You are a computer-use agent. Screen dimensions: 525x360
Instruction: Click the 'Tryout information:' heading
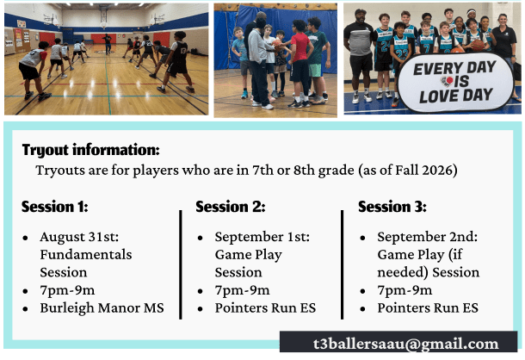coord(90,150)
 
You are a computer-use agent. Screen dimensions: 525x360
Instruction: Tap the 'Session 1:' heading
coord(55,207)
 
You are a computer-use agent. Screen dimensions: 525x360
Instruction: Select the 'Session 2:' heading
coord(231,207)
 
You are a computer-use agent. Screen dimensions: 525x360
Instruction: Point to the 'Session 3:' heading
coord(392,207)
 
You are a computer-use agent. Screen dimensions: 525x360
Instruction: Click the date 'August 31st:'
coord(79,237)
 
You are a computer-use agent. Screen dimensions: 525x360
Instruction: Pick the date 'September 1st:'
coord(262,237)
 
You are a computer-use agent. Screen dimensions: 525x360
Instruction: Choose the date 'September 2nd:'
coord(427,237)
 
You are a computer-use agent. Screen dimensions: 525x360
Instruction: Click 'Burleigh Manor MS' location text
coord(102,307)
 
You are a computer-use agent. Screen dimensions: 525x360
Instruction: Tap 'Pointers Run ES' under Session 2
coord(265,307)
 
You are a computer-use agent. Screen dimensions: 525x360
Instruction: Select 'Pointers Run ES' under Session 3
coord(428,307)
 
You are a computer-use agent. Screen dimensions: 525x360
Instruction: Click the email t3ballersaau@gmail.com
coord(406,344)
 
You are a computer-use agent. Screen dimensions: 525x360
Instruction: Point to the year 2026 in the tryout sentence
coord(436,170)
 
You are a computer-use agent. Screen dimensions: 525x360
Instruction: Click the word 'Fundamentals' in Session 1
coord(86,254)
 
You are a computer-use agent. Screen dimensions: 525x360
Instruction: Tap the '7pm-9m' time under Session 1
coord(67,290)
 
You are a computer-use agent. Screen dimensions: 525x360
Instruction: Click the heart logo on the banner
coord(447,81)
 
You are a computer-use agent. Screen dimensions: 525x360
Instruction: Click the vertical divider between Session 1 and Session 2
coord(181,264)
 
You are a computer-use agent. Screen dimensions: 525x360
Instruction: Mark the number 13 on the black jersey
coord(183,51)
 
